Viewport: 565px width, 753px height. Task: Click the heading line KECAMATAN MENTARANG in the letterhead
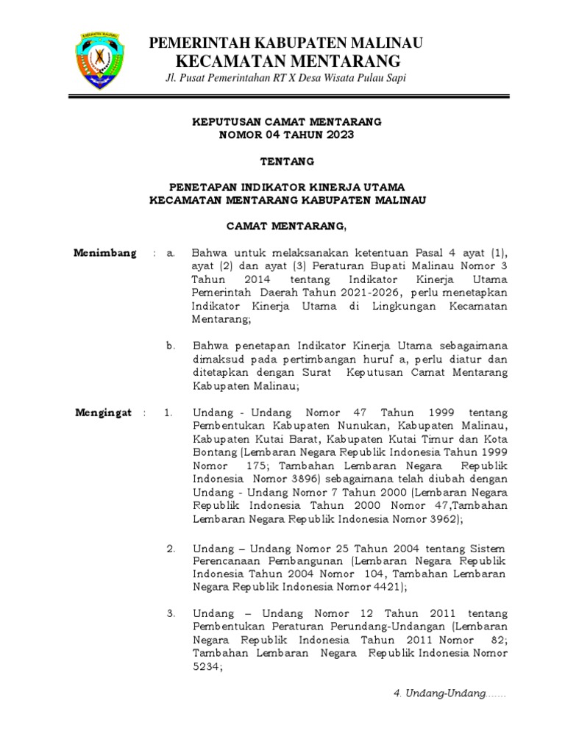point(287,60)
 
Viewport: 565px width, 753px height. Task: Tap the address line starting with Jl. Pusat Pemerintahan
point(286,79)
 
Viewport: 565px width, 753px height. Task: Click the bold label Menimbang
point(105,254)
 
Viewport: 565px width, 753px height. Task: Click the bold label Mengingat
point(104,413)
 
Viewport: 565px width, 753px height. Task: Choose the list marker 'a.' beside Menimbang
point(170,254)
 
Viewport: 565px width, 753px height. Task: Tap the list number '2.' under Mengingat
point(171,549)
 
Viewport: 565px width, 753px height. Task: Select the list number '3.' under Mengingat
point(171,613)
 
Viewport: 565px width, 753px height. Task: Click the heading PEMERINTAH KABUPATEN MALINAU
point(286,43)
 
